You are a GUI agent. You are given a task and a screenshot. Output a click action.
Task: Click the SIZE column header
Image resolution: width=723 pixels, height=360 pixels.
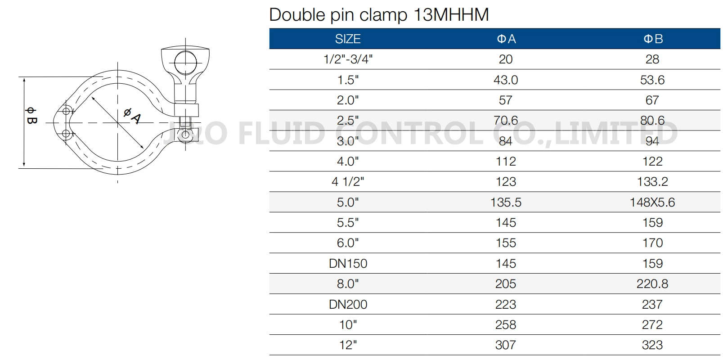pos(348,39)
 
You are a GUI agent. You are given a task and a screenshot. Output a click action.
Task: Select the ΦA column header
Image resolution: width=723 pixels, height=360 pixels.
pos(506,39)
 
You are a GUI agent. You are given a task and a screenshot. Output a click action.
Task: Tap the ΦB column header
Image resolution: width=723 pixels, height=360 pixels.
pos(653,39)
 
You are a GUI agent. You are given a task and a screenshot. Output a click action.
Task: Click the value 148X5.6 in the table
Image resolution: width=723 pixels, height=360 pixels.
pos(652,202)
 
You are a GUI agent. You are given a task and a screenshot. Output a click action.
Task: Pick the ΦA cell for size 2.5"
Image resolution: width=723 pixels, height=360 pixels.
pos(506,121)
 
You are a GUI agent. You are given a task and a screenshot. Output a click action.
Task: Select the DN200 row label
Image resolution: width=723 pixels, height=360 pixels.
pos(348,305)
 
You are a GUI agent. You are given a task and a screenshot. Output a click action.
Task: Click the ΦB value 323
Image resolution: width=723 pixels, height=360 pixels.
pos(652,345)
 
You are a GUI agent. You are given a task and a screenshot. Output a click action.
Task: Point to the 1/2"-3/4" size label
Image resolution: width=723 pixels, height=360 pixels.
pos(348,59)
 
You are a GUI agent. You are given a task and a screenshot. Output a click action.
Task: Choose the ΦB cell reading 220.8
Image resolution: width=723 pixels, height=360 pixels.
pos(652,284)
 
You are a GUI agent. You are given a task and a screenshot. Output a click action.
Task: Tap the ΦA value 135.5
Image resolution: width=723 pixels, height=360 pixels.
pos(506,202)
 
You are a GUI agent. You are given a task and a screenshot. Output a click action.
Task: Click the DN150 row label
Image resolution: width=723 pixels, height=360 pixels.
pos(348,264)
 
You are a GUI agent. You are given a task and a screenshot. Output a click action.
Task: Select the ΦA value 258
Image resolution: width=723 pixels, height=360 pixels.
pos(506,325)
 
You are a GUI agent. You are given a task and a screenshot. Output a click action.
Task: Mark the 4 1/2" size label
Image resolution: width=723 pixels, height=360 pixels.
pos(348,182)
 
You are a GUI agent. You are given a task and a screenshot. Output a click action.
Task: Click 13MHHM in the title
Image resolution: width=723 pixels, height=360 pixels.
pos(451,15)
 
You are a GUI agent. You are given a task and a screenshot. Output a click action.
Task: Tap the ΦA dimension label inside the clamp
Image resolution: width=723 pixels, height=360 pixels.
pos(132,116)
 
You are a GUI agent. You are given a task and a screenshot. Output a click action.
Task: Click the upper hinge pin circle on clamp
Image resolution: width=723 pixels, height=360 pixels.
pos(66,111)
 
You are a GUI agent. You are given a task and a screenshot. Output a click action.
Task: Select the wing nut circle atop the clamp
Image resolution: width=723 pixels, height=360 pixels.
pos(185,62)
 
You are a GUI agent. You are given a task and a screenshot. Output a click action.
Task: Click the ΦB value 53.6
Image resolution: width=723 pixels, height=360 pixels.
pos(652,80)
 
